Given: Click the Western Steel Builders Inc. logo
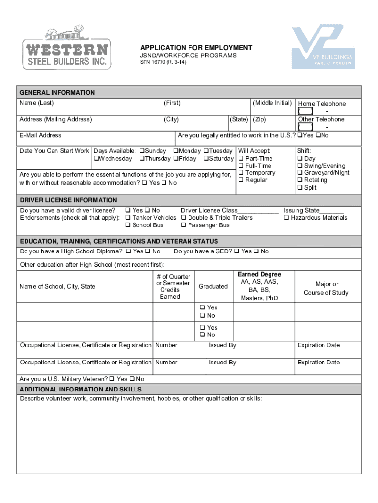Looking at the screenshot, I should (67, 48).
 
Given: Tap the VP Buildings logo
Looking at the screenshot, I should (323, 48).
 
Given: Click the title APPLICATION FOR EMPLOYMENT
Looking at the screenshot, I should (196, 48).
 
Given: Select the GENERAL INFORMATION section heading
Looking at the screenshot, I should (57, 92).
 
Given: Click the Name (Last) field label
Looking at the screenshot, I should (36, 103).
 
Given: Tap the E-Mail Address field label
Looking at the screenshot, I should (40, 135).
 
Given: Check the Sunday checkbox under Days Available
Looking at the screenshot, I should (142, 151).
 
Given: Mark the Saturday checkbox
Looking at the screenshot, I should (206, 159).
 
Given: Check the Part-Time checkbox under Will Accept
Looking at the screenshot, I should (241, 159).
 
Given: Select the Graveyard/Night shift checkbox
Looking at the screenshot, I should (300, 173).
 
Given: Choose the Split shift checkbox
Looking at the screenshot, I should (300, 188).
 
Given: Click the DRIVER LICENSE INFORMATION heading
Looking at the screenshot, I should (68, 200).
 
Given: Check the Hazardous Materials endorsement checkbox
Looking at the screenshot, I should (287, 218).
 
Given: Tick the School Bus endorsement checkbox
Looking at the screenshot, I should (128, 225).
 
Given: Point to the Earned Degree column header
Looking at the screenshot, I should (259, 274).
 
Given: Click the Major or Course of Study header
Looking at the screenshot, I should (326, 288).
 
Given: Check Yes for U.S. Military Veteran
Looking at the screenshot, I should (112, 379).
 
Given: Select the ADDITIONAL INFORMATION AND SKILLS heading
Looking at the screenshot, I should (81, 389).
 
